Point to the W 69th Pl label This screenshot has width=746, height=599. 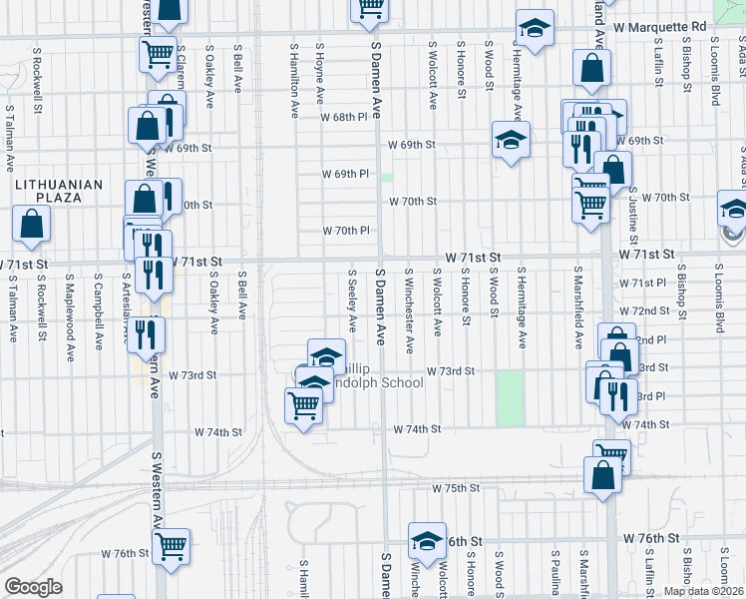[x=346, y=174]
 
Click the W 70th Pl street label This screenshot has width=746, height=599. [x=346, y=231]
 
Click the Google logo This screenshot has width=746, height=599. [x=33, y=587]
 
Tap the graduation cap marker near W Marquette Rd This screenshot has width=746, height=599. [x=535, y=29]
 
